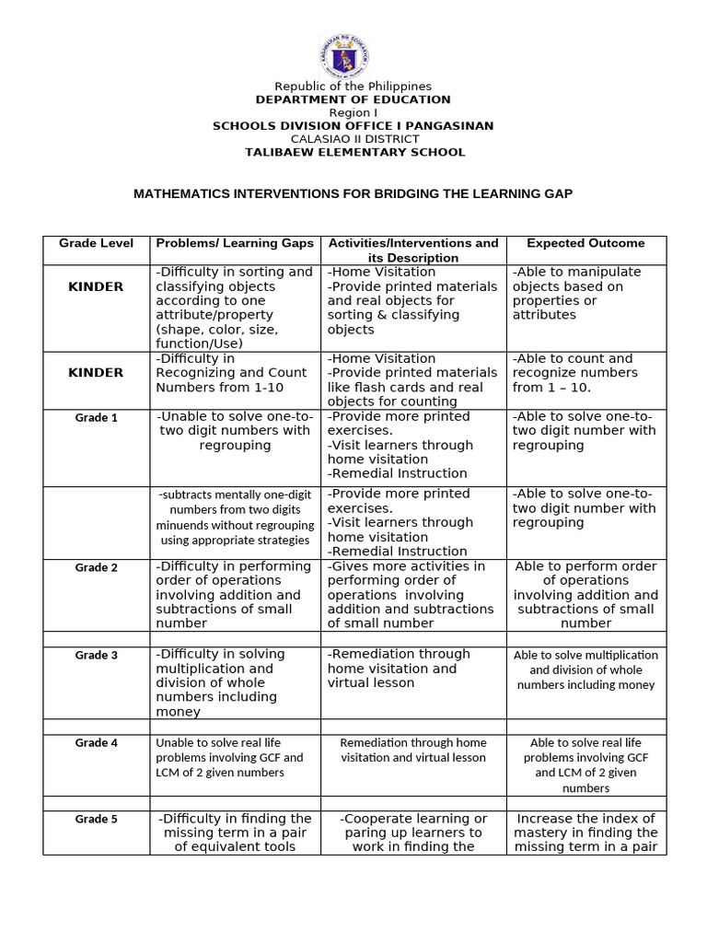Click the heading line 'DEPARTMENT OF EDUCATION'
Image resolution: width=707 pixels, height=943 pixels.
(x=353, y=99)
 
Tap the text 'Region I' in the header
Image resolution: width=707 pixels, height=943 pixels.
(x=353, y=112)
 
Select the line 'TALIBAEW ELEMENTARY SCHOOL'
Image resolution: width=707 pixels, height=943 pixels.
(x=354, y=152)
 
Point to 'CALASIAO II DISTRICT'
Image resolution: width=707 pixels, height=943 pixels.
(x=353, y=139)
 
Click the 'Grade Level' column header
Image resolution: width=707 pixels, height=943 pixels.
(x=97, y=243)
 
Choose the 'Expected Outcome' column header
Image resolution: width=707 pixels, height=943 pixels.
(x=585, y=243)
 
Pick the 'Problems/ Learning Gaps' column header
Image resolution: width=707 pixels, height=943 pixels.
(x=235, y=243)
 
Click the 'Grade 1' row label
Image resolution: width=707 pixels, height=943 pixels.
(x=97, y=417)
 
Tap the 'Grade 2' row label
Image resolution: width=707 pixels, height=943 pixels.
(x=97, y=567)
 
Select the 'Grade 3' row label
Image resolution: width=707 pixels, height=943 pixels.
(x=97, y=655)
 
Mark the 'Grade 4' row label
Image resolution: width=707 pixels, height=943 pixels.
(x=97, y=742)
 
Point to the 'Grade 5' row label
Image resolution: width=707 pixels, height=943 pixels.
(x=97, y=819)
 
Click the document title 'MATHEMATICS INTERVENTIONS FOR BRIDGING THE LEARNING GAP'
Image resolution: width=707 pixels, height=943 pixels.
(x=353, y=194)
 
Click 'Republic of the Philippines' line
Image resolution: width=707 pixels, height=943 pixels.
(x=353, y=87)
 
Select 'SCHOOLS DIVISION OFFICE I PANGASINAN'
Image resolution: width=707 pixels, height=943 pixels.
(x=353, y=125)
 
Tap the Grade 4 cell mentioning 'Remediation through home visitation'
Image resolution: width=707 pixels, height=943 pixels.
(x=412, y=750)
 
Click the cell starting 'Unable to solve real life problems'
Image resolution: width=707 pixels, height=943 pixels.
(x=229, y=757)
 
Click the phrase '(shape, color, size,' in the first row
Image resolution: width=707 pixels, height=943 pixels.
(x=217, y=330)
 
